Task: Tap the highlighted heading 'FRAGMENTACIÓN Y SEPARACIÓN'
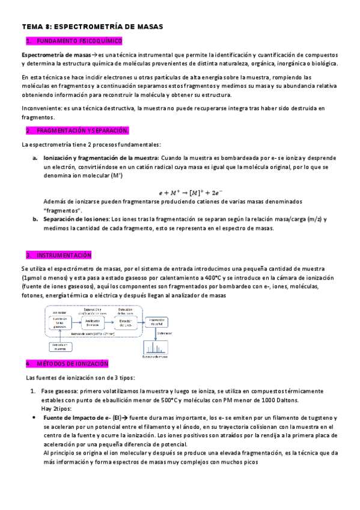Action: (x=82, y=131)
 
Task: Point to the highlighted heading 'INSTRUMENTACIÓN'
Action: (x=64, y=255)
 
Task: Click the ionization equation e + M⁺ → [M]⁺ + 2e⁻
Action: (x=191, y=192)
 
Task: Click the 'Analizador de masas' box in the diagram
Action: (x=91, y=324)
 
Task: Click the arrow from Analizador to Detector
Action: (x=108, y=324)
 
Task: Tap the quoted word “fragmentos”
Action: (x=64, y=210)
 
